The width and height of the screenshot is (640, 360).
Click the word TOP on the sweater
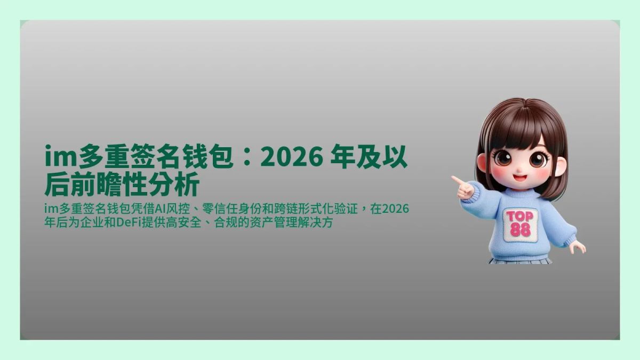pos(519,217)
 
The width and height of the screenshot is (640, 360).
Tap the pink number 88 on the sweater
pos(519,230)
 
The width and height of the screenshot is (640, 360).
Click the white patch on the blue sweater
pos(520,224)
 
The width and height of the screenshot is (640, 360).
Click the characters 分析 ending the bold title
pos(181,185)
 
